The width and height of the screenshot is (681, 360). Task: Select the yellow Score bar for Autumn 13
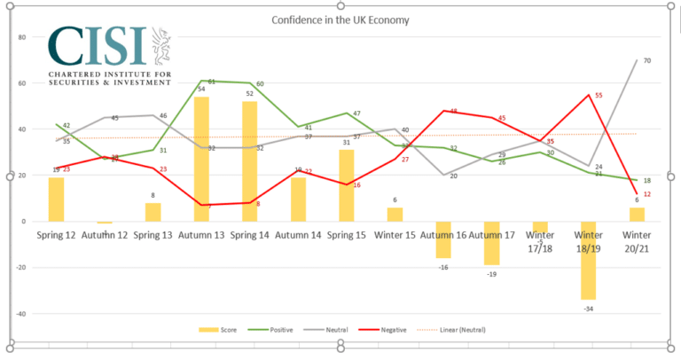point(201,159)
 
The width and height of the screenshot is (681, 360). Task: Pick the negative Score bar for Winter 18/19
point(587,260)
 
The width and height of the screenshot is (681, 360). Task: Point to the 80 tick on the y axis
point(21,37)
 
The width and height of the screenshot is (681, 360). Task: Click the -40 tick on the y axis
point(20,314)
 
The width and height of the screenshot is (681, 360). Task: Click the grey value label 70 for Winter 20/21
point(648,60)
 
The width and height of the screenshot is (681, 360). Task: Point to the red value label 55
point(599,95)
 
